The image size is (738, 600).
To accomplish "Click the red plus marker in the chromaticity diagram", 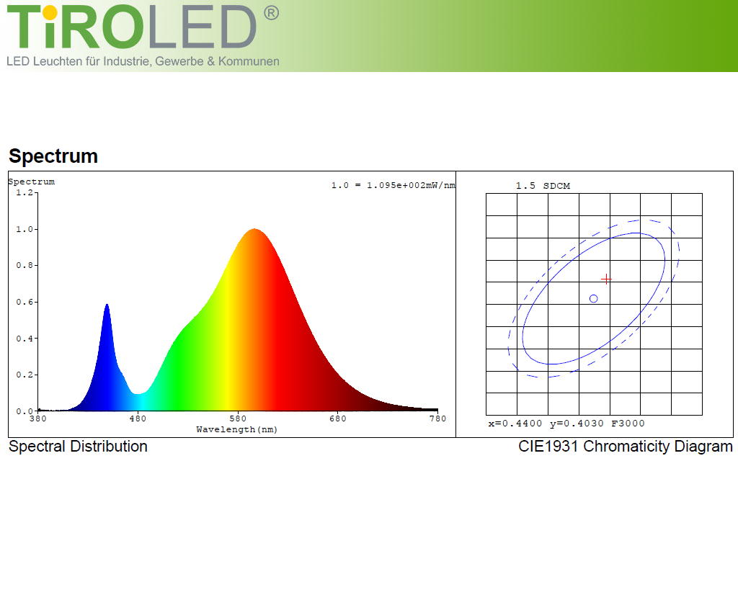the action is coord(606,279).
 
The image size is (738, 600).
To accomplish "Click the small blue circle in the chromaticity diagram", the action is coord(594,299).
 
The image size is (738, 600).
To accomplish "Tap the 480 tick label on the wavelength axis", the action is coord(138,418).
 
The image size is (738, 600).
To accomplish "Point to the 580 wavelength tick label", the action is coord(238,418).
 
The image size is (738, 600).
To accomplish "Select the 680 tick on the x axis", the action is coord(338,418).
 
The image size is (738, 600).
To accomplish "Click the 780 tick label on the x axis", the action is coord(437,418).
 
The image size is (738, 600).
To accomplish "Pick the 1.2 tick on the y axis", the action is coord(25,192).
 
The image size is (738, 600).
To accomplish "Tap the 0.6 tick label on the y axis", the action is coord(25,302).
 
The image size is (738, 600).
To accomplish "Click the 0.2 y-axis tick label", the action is coord(25,375).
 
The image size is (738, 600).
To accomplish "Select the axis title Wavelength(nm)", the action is coord(236,429).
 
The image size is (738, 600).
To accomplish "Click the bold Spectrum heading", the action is coord(53,156).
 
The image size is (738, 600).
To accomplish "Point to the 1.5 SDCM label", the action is coord(543,186).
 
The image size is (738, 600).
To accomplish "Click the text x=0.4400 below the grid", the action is coord(515,424).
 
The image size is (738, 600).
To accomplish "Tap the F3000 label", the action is coord(628,424).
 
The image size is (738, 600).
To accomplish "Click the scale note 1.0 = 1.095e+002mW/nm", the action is coord(393,185).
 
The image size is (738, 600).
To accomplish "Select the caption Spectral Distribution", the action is coord(78,447).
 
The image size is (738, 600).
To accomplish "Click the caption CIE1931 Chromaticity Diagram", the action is coord(626,447).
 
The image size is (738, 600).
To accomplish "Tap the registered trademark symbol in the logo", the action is coord(271,13).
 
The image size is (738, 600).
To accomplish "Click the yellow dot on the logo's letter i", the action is coord(50,13).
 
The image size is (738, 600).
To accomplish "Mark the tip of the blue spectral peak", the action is coord(107,304).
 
